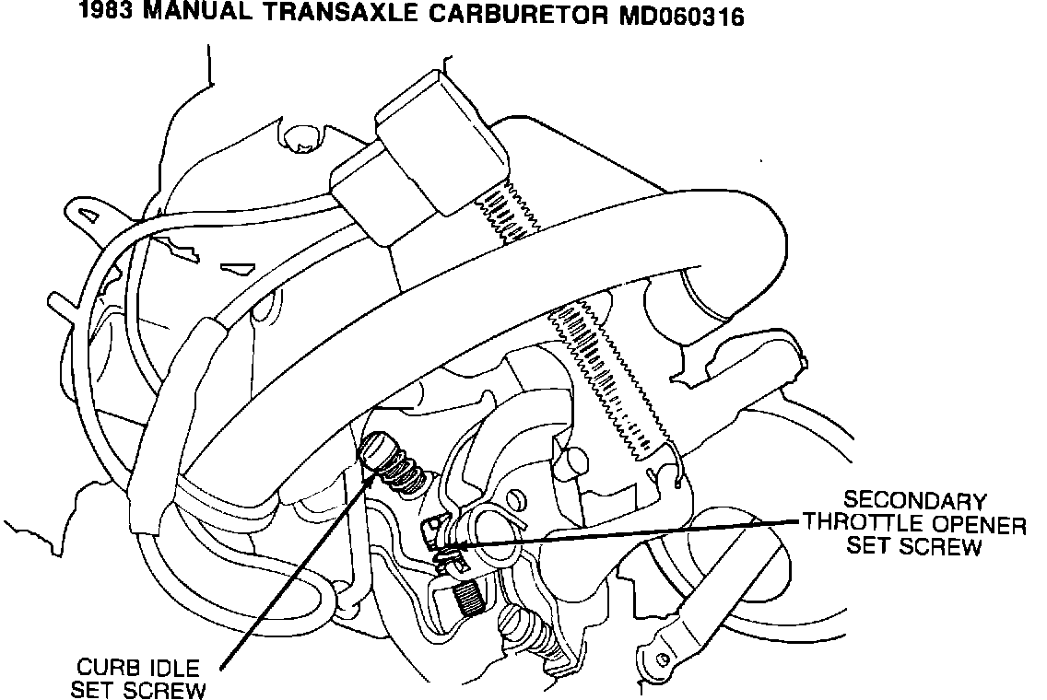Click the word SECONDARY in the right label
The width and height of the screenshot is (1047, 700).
tap(915, 502)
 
